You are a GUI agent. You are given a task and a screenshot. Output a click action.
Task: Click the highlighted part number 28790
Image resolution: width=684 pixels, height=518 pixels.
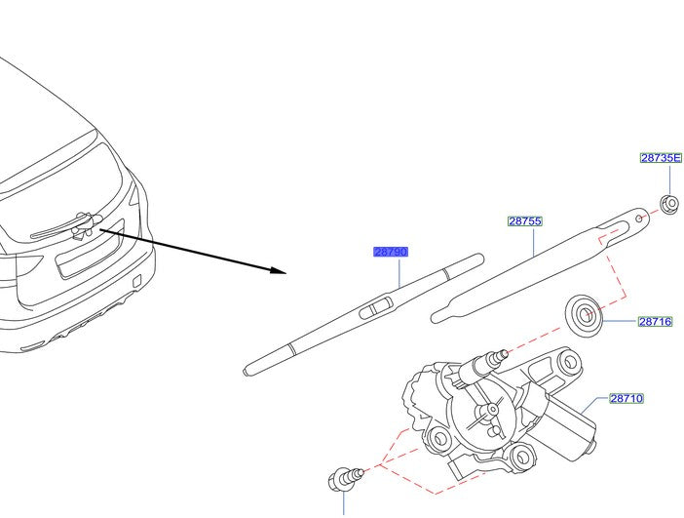click(391, 252)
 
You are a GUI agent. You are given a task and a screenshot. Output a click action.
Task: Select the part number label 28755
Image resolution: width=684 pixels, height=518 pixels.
click(524, 221)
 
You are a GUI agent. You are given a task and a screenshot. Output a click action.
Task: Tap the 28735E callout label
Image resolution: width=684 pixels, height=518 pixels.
click(661, 157)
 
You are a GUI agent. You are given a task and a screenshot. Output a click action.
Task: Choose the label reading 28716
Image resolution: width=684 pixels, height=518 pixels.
click(656, 321)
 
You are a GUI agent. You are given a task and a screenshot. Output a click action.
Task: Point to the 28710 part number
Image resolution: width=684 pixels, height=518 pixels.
click(627, 398)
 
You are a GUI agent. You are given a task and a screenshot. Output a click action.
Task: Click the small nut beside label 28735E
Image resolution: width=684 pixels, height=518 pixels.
click(668, 204)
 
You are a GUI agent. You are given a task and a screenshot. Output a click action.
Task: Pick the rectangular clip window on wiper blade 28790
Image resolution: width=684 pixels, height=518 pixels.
click(375, 310)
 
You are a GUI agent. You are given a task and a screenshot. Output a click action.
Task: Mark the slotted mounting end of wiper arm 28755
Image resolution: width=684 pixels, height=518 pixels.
click(623, 223)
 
